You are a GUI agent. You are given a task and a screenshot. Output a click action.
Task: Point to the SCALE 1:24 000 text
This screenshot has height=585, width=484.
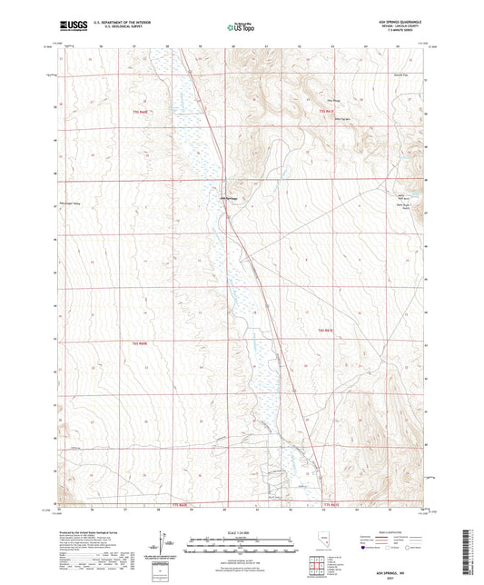pos(241,533)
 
